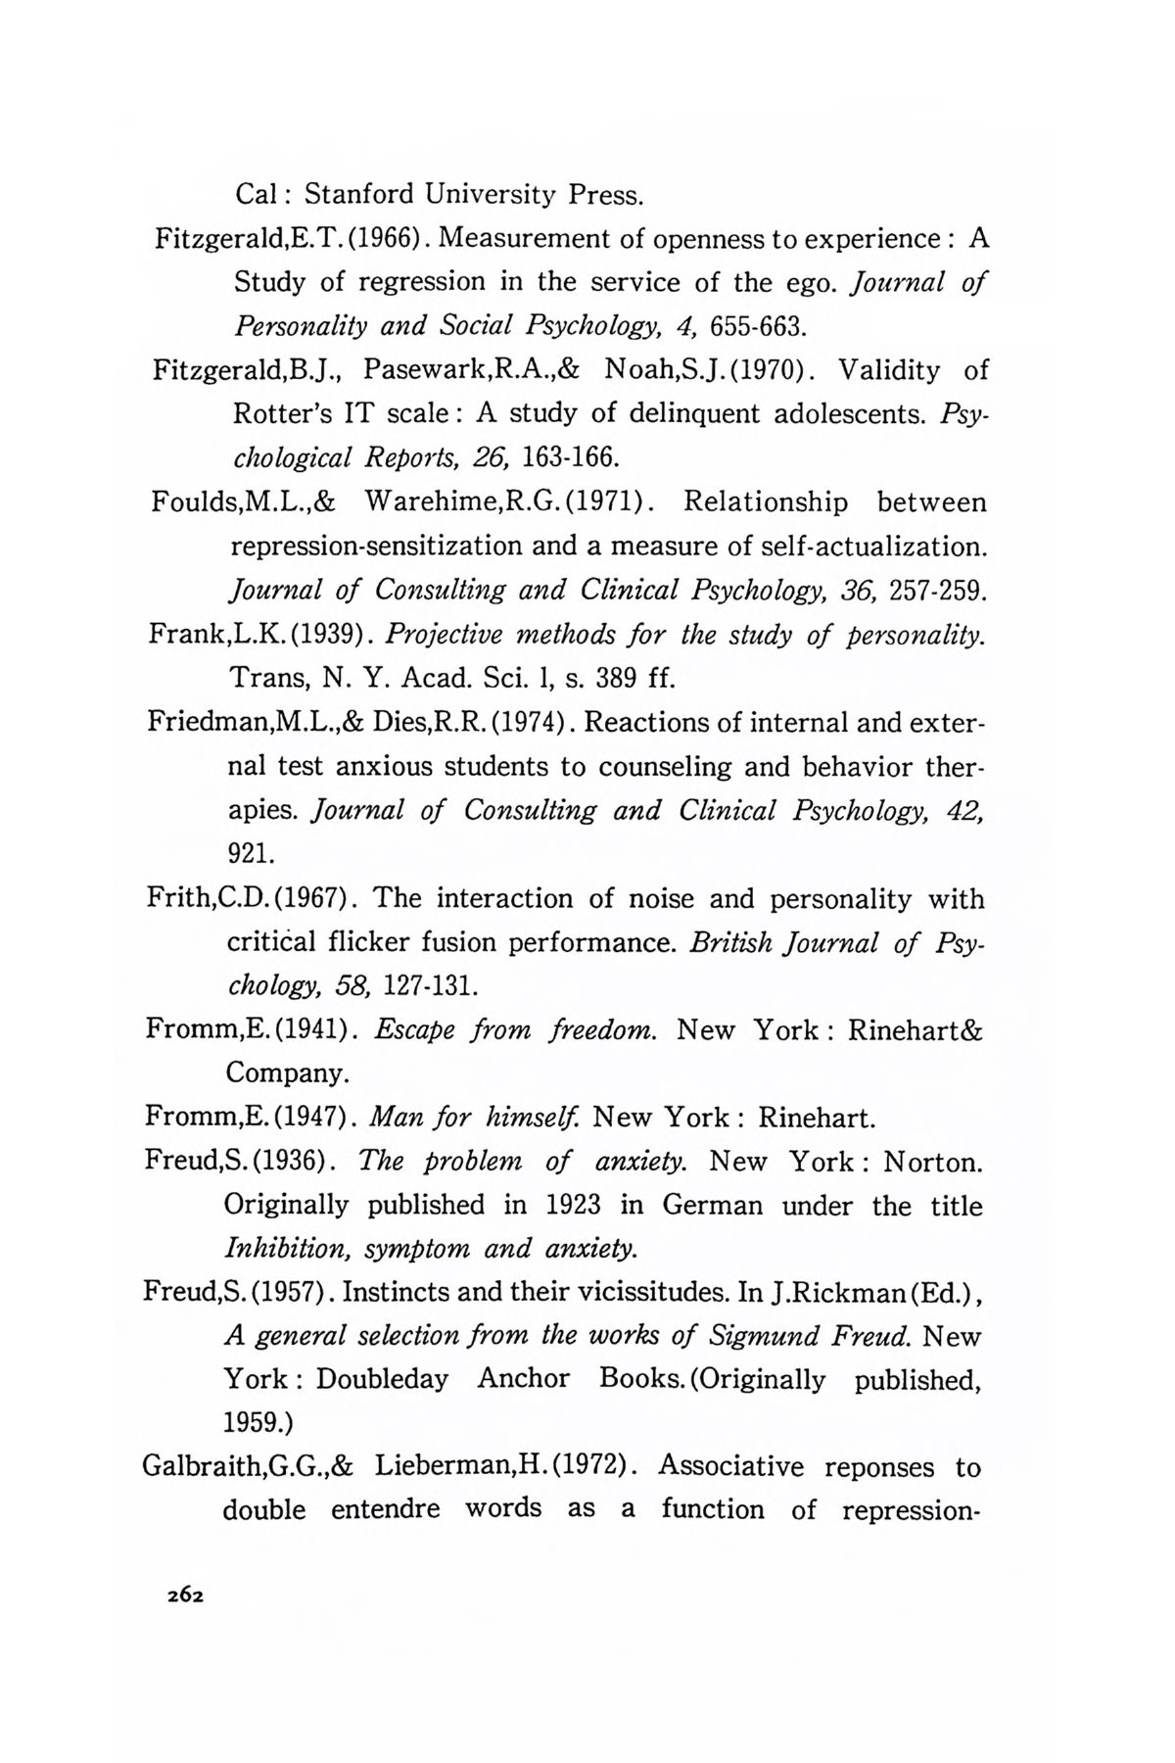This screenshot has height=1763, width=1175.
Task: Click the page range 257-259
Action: point(939,591)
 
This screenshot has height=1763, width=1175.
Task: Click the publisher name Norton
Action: point(932,1162)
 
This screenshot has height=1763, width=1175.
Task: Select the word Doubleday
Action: point(383,1380)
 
